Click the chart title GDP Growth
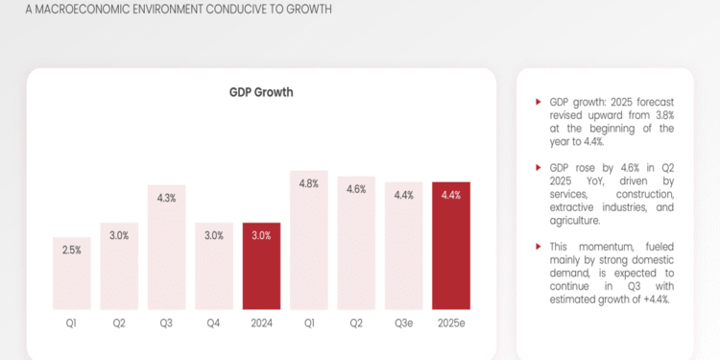[x=261, y=92]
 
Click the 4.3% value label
[x=166, y=198]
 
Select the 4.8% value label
[x=309, y=184]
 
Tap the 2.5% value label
[x=72, y=250]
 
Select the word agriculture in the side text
[x=575, y=220]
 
